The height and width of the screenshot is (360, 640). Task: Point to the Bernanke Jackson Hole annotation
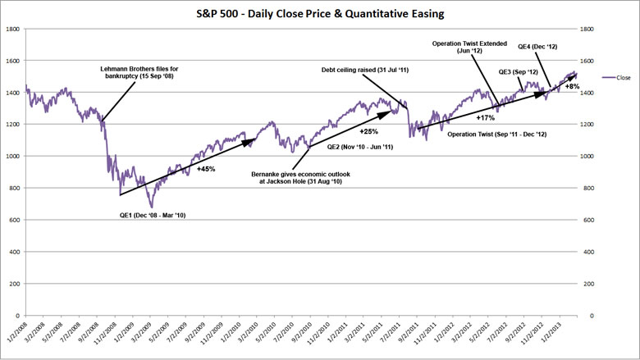click(x=294, y=179)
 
